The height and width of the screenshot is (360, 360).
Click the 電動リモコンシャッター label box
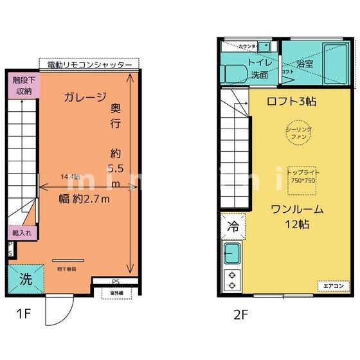(89, 65)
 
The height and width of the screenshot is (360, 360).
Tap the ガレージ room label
(84, 98)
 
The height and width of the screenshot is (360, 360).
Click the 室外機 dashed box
(116, 293)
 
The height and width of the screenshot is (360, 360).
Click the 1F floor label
(24, 315)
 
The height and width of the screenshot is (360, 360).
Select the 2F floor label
(241, 315)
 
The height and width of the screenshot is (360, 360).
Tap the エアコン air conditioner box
(332, 285)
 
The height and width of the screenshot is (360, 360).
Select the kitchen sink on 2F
(231, 251)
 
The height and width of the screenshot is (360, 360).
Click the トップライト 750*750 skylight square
(302, 177)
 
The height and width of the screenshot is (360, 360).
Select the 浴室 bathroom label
(305, 64)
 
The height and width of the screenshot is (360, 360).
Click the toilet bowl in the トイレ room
(232, 73)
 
